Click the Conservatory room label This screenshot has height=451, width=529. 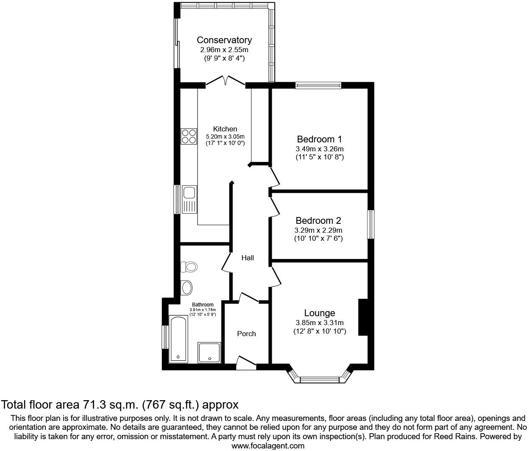[x=224, y=40]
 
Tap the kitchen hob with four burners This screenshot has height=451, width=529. [x=189, y=136]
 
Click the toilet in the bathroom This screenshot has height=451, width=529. [x=189, y=267]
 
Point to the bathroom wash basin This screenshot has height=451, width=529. [x=187, y=287]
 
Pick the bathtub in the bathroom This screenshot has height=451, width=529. [x=178, y=339]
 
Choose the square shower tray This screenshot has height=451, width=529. [x=209, y=353]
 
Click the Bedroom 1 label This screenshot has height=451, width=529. [x=319, y=139]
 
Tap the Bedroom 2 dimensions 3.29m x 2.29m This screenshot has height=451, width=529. [x=318, y=231]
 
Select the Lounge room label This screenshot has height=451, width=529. [x=320, y=313]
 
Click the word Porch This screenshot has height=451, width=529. [x=246, y=334]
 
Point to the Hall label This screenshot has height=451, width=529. [x=248, y=258]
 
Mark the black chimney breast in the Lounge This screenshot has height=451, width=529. [x=363, y=317]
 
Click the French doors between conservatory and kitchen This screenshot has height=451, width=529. [x=226, y=81]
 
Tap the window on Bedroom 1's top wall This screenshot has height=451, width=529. [x=318, y=86]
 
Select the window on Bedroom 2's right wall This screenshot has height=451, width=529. [x=371, y=224]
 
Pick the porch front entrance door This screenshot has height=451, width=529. [x=246, y=362]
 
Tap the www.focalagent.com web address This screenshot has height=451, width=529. [x=268, y=445]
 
